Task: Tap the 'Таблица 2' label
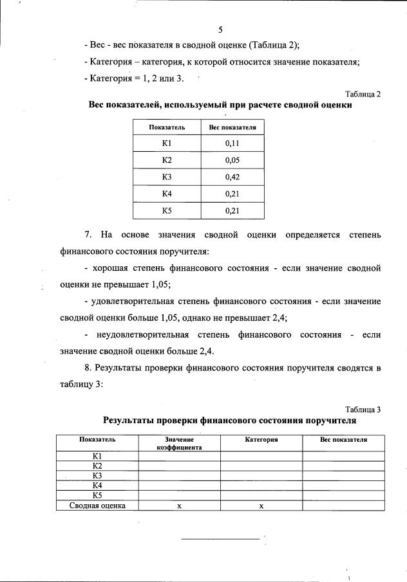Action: [363, 94]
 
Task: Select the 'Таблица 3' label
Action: [363, 410]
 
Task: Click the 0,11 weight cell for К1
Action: [232, 143]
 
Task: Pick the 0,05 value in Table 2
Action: [232, 161]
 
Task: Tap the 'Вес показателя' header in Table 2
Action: [232, 127]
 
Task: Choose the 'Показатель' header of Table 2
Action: [167, 127]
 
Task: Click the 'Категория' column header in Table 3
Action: [261, 439]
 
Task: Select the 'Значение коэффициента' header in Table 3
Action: [180, 443]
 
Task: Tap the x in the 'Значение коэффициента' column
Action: [180, 506]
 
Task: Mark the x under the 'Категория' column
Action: [261, 506]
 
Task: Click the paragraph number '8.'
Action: [88, 368]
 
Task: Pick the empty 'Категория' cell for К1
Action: [261, 456]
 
